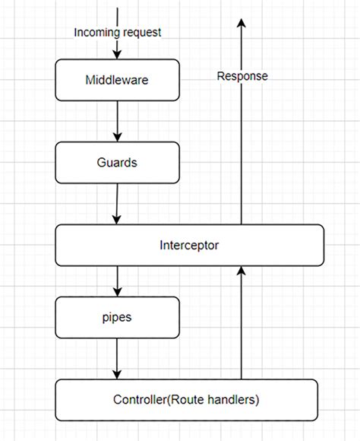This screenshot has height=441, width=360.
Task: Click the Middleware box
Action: coord(117,79)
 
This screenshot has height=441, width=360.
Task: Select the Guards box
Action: coord(117,162)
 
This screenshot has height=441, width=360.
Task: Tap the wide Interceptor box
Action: coord(189,245)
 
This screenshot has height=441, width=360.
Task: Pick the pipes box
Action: coord(117,317)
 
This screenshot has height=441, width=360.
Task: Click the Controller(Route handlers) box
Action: coord(186,399)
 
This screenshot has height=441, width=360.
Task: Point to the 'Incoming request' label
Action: coord(118,32)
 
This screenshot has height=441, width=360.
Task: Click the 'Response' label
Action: coord(242,76)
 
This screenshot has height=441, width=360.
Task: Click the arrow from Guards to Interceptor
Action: coord(116,203)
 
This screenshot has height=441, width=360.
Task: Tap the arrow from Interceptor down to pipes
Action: coord(117,281)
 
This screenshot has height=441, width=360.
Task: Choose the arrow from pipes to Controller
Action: coord(117,358)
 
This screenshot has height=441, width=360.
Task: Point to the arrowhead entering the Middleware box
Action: coord(117,54)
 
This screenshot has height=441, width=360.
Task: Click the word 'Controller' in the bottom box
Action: coord(142,399)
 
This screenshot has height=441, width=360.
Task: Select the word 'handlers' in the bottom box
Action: coord(232,399)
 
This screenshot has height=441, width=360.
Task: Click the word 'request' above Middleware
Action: coord(141,32)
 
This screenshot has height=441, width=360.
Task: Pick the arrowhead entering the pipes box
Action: coord(117,291)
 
